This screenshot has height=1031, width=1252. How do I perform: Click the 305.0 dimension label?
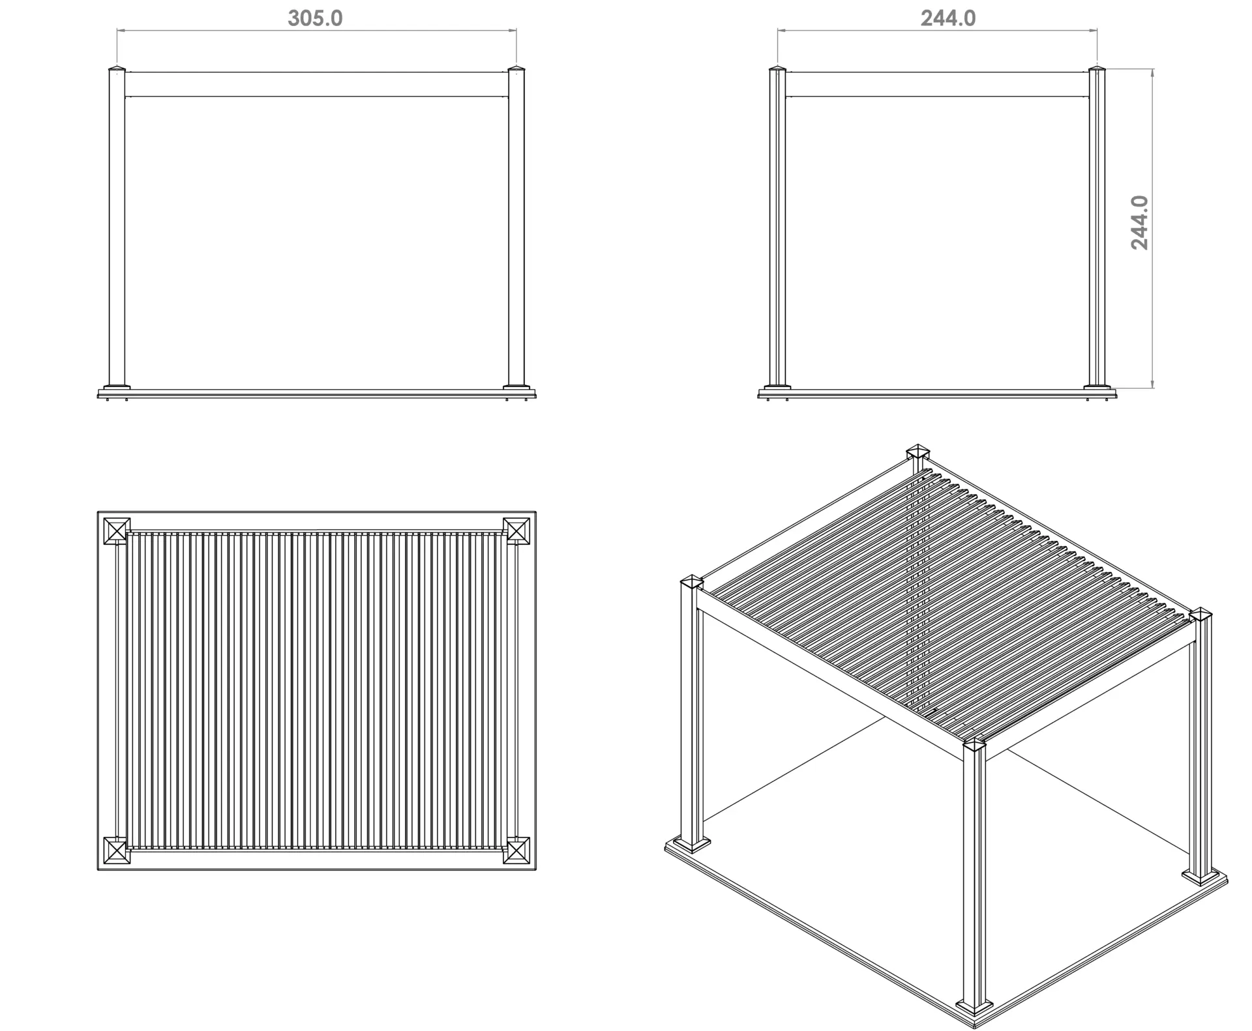click(315, 18)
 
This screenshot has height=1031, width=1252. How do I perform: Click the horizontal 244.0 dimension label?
click(948, 18)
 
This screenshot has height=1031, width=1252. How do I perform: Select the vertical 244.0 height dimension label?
click(1140, 223)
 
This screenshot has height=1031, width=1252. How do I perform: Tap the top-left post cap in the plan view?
click(117, 530)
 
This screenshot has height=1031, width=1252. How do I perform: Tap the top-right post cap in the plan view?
click(516, 530)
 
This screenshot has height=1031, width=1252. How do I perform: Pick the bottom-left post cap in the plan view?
click(117, 850)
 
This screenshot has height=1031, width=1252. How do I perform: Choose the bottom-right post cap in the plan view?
click(516, 850)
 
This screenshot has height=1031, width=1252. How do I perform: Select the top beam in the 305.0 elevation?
click(316, 85)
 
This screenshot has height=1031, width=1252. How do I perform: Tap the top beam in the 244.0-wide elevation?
click(937, 85)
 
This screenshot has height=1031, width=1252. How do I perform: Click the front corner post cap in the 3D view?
click(975, 745)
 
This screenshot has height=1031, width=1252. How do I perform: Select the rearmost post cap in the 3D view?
click(918, 451)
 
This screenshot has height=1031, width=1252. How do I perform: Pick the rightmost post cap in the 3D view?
click(1200, 615)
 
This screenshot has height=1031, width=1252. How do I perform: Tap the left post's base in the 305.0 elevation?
click(117, 388)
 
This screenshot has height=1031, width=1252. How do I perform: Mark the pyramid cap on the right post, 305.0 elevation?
click(516, 68)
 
